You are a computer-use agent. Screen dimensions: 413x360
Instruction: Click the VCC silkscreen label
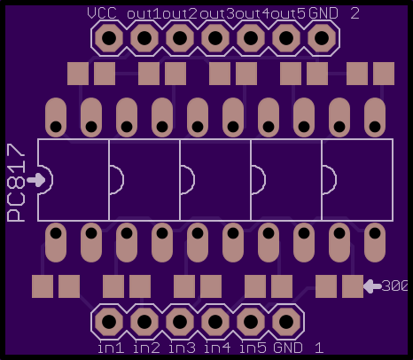pyautogui.click(x=102, y=13)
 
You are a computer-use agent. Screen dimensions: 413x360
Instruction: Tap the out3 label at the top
pyautogui.click(x=217, y=14)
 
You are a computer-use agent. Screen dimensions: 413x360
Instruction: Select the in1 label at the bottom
pyautogui.click(x=111, y=348)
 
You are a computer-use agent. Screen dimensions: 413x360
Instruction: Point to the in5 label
pyautogui.click(x=253, y=348)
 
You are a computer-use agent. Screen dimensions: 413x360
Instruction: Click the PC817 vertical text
pyautogui.click(x=16, y=183)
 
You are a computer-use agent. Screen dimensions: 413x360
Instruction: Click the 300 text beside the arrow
pyautogui.click(x=394, y=286)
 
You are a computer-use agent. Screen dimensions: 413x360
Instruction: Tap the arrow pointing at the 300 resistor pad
pyautogui.click(x=372, y=286)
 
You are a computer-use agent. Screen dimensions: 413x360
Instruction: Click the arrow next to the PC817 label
pyautogui.click(x=36, y=180)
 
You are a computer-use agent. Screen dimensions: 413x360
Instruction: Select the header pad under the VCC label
pyautogui.click(x=109, y=38)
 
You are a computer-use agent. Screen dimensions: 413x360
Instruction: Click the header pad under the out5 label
pyautogui.click(x=286, y=38)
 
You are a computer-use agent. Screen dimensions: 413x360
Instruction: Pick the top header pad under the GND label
pyautogui.click(x=322, y=38)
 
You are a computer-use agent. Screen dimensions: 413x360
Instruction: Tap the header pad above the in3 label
pyautogui.click(x=180, y=322)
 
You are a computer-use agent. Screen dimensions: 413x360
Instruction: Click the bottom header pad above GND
pyautogui.click(x=286, y=322)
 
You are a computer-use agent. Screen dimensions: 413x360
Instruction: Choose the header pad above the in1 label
pyautogui.click(x=109, y=322)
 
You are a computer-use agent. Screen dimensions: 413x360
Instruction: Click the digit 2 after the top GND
pyautogui.click(x=355, y=13)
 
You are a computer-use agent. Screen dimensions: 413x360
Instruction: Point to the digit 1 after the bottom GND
pyautogui.click(x=319, y=348)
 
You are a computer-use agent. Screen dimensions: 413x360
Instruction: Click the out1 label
pyautogui.click(x=144, y=14)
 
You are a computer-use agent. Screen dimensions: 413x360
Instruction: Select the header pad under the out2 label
pyautogui.click(x=180, y=38)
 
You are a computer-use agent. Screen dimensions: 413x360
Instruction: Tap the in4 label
pyautogui.click(x=217, y=348)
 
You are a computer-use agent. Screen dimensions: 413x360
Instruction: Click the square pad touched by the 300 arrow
pyautogui.click(x=353, y=286)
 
